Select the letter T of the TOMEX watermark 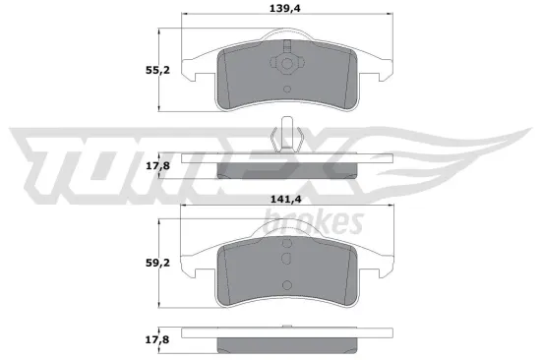54,157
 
